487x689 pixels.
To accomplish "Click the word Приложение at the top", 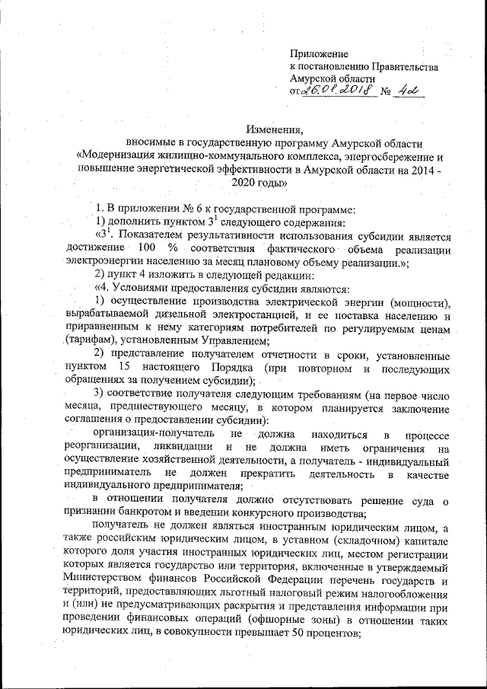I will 319,54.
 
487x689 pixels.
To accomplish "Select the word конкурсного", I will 241,512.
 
